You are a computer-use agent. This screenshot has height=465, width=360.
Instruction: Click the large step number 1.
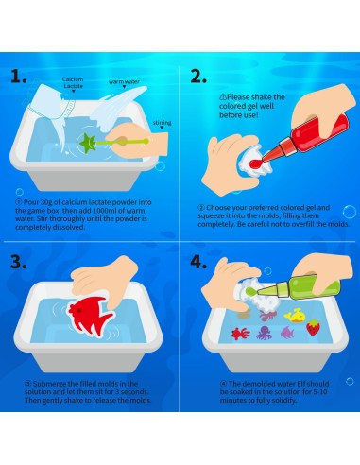[x=18, y=76]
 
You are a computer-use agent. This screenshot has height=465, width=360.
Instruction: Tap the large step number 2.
[x=198, y=76]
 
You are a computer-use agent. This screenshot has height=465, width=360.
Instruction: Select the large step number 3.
[x=18, y=262]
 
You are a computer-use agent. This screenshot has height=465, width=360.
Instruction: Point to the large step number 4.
[x=198, y=262]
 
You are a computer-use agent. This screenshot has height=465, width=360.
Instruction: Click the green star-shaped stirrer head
[x=87, y=143]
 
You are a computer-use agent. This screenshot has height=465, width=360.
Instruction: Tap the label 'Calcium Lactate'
[x=73, y=82]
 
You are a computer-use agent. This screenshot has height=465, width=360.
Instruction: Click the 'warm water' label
[x=124, y=81]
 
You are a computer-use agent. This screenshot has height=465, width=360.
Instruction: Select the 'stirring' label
[x=162, y=123]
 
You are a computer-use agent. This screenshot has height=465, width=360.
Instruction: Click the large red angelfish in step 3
[x=91, y=315]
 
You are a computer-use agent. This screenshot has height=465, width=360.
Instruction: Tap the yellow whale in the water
[x=295, y=317]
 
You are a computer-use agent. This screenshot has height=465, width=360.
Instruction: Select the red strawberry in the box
[x=313, y=327]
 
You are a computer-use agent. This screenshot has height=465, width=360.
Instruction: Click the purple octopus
[x=264, y=333]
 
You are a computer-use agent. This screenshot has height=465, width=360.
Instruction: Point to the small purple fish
[x=287, y=332]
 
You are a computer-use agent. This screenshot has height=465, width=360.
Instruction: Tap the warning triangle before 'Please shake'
[x=223, y=96]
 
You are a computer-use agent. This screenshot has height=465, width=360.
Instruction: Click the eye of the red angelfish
[x=79, y=311]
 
